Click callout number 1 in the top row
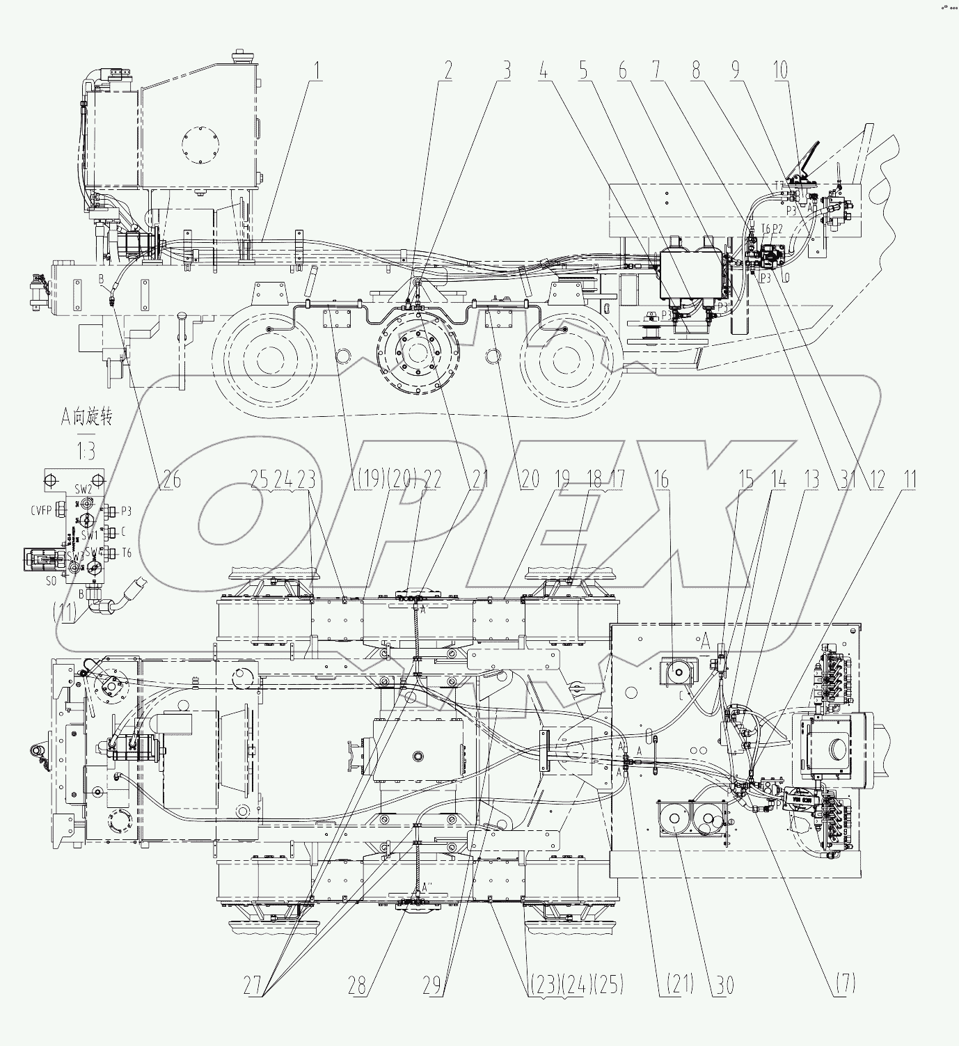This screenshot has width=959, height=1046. coord(317,70)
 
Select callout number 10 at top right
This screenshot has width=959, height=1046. coord(781,70)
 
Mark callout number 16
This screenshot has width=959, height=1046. coord(660,479)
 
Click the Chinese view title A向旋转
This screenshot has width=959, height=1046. coord(86,418)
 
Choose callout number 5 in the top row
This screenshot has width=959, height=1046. coord(583,70)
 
